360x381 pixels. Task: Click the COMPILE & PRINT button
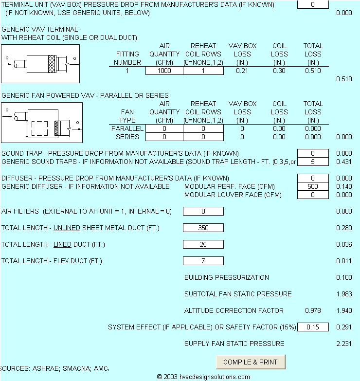tap(251, 362)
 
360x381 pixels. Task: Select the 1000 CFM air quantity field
tap(164, 71)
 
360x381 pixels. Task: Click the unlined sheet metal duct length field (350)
tap(203, 228)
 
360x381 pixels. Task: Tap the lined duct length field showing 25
tap(203, 244)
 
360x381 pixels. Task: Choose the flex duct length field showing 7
tap(203, 261)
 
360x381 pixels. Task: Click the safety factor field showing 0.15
tap(313, 327)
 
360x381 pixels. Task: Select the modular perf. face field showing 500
tap(313, 186)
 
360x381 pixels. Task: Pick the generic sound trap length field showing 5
tap(313, 162)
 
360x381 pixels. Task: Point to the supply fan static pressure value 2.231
tap(344, 344)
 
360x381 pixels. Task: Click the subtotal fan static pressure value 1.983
tap(344, 294)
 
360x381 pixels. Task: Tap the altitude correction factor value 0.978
tap(313, 310)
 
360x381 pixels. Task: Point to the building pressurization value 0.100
tap(344, 277)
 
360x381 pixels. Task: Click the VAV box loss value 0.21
tap(242, 71)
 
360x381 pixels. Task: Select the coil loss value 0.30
tap(279, 71)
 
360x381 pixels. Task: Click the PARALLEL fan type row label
tap(127, 128)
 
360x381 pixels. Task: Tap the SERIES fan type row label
tap(127, 137)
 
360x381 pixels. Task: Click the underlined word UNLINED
tap(67, 228)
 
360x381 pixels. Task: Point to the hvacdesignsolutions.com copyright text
tap(203, 377)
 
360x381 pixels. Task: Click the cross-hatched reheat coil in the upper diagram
tap(52, 64)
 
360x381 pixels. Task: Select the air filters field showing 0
tap(203, 211)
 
